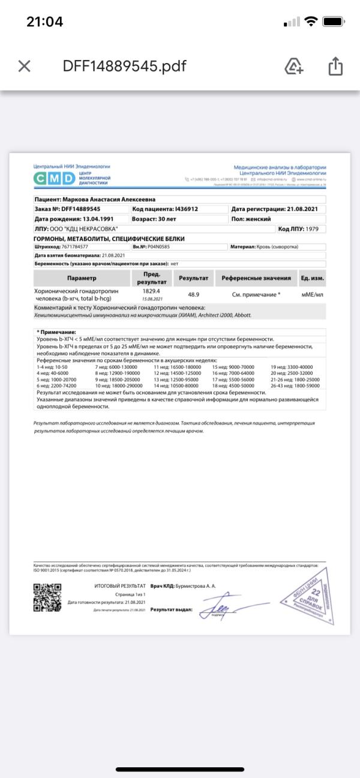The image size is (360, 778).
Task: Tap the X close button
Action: (24, 66)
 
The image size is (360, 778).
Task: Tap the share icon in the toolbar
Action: (335, 66)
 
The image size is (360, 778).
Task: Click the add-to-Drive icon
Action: (293, 66)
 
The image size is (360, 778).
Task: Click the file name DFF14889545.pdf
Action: (124, 66)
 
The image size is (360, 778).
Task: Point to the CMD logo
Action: (53, 178)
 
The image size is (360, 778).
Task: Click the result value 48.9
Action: (193, 295)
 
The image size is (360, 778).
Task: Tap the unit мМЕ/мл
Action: (312, 295)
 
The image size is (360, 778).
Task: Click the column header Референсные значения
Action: (256, 278)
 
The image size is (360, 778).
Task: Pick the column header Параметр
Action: (81, 278)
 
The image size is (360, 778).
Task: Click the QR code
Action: (47, 597)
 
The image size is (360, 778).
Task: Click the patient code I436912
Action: (186, 209)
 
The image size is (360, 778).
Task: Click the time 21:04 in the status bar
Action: (44, 22)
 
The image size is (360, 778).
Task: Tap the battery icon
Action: (332, 22)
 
